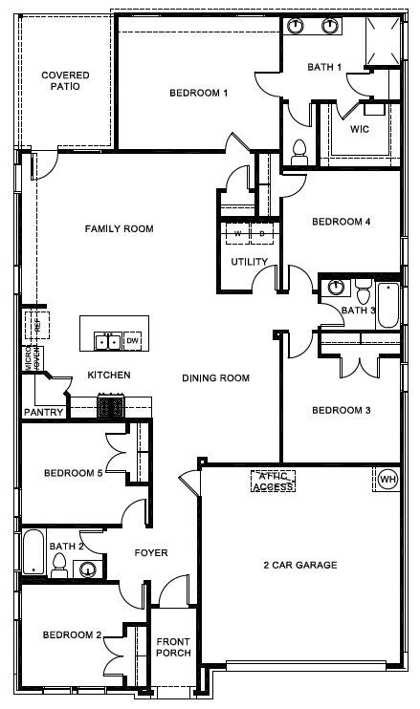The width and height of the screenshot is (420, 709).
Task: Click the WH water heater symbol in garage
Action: (x=387, y=479)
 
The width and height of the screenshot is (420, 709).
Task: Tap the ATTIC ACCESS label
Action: (x=273, y=481)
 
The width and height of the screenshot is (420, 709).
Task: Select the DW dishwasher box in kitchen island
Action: (x=133, y=341)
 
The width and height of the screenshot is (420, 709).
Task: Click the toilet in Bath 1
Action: (x=298, y=150)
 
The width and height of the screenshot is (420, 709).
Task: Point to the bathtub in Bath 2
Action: (x=33, y=552)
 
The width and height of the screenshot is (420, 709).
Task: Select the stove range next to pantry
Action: (x=111, y=407)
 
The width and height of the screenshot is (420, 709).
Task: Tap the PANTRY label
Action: (x=44, y=413)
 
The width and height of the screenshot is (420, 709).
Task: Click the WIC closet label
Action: (x=360, y=129)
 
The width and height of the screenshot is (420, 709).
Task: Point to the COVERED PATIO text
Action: (x=65, y=80)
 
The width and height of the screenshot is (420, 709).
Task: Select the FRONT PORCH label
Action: (x=174, y=647)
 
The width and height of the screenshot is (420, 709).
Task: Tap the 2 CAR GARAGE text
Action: (x=300, y=565)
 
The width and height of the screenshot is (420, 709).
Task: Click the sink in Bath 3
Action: (x=335, y=287)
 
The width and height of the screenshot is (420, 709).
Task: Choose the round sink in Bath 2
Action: (x=87, y=570)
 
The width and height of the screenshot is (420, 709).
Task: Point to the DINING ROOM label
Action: (x=215, y=378)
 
